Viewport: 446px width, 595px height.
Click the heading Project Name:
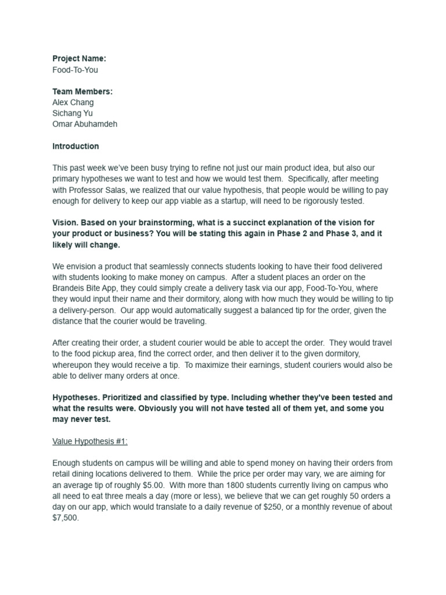(x=80, y=59)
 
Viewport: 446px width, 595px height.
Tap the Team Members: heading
(x=82, y=91)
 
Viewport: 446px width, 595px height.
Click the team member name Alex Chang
(x=73, y=102)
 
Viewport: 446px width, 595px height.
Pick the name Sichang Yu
(x=73, y=113)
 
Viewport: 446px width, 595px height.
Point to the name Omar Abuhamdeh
(x=85, y=124)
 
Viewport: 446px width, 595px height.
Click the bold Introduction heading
(x=75, y=146)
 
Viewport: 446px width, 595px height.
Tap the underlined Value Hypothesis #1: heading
(x=90, y=441)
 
